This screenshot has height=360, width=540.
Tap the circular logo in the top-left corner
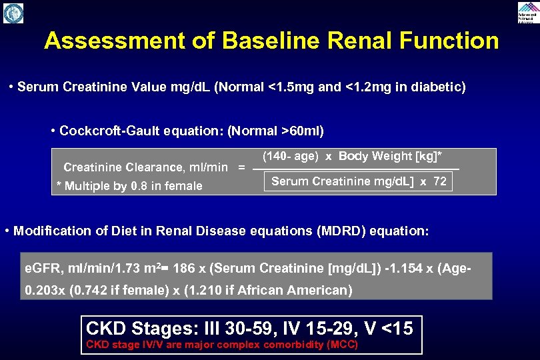(13, 13)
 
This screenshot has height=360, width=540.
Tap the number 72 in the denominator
(439, 181)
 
